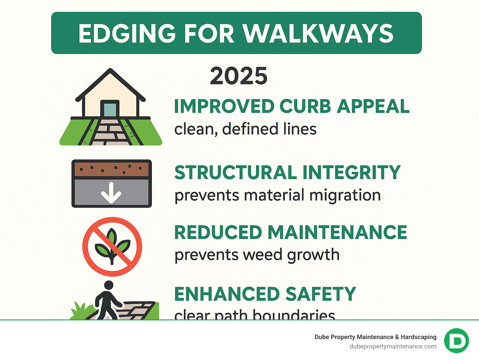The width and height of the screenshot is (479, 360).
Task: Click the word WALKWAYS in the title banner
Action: click(x=318, y=33)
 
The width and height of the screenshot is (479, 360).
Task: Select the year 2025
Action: click(x=239, y=76)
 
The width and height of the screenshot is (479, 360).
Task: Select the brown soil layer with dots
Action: click(x=112, y=169)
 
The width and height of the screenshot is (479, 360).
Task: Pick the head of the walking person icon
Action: click(x=109, y=285)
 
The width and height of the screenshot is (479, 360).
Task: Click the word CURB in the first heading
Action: click(x=305, y=106)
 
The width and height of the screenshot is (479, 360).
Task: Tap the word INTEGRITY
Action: click(x=351, y=173)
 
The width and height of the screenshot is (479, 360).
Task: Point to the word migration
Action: click(x=345, y=196)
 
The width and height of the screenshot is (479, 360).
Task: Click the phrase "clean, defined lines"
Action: click(x=245, y=129)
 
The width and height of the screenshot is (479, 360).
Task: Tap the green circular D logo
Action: click(x=456, y=341)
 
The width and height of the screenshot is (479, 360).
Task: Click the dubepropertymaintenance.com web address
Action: click(x=393, y=347)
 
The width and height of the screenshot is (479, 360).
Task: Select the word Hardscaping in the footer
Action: click(x=419, y=337)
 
